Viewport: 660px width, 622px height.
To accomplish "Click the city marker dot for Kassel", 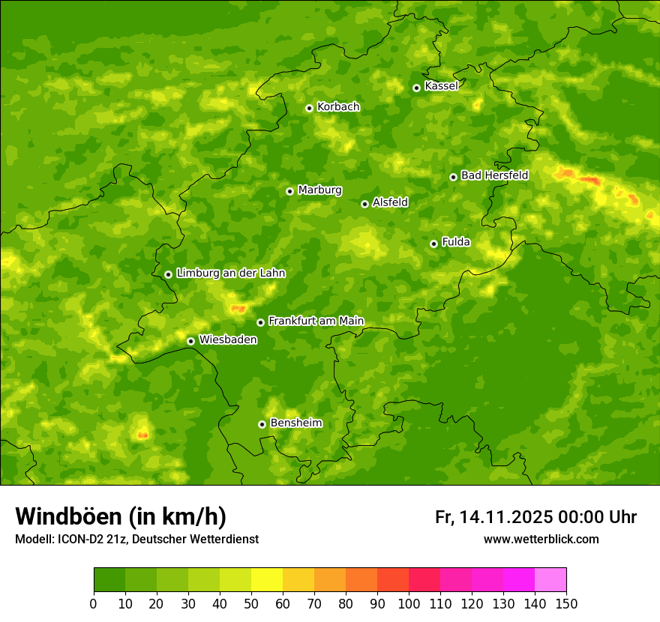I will (x=416, y=88).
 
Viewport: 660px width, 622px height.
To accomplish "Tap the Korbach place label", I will (x=338, y=106).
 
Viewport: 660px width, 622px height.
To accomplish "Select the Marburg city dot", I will (x=289, y=191).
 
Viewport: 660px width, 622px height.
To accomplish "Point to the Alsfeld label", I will (x=390, y=202).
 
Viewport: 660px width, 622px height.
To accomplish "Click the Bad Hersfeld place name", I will (x=494, y=175).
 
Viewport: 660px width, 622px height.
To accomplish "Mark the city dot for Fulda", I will (x=433, y=244).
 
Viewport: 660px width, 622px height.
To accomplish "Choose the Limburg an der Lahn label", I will (x=231, y=274).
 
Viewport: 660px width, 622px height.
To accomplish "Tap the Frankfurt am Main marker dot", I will (x=260, y=322).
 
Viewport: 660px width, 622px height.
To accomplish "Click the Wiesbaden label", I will (x=228, y=339).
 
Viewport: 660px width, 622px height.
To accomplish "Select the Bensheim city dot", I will (x=262, y=424).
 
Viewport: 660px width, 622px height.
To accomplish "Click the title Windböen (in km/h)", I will (x=121, y=516).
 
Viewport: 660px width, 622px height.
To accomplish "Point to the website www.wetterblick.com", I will (x=541, y=539).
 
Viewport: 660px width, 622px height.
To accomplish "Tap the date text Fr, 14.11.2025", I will (x=493, y=517).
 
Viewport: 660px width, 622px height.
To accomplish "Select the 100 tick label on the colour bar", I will (x=408, y=603).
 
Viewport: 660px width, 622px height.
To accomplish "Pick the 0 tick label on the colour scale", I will (x=94, y=603).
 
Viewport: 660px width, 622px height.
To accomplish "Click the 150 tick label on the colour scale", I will (x=566, y=603).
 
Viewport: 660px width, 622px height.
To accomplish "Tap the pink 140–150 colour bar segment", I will (x=550, y=580).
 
